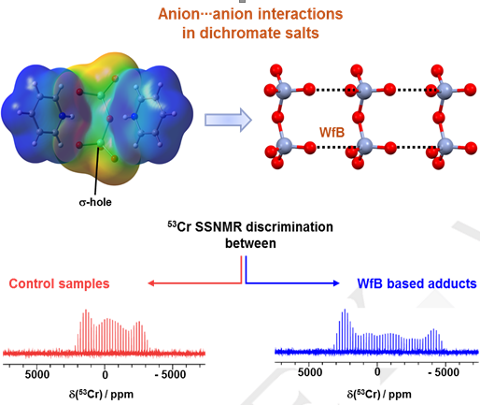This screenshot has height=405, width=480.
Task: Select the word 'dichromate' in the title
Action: click(x=244, y=33)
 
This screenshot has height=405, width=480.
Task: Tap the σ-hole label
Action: click(x=95, y=202)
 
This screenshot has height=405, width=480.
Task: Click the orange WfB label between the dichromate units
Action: click(x=332, y=133)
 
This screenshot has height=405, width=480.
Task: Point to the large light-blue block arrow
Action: click(x=228, y=120)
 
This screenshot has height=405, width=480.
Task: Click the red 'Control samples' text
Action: click(x=59, y=283)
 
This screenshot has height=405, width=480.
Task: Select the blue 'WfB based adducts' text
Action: click(x=416, y=283)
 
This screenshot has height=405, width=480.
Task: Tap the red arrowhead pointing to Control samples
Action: click(x=151, y=283)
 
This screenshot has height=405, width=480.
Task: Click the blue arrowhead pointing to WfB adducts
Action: click(x=336, y=283)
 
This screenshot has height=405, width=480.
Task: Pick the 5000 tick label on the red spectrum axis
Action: click(x=37, y=374)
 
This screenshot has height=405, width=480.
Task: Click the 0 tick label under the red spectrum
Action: click(x=105, y=374)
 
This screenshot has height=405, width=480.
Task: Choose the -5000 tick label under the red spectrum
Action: click(x=170, y=374)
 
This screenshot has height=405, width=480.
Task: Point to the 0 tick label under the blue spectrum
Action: click(x=377, y=372)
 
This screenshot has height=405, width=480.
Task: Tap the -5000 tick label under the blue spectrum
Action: click(x=444, y=372)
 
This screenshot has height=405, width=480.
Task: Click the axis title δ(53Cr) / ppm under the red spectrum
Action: click(x=101, y=395)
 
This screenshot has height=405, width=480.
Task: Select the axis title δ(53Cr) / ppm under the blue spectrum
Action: click(x=379, y=395)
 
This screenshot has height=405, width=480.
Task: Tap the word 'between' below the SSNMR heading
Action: click(x=250, y=243)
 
